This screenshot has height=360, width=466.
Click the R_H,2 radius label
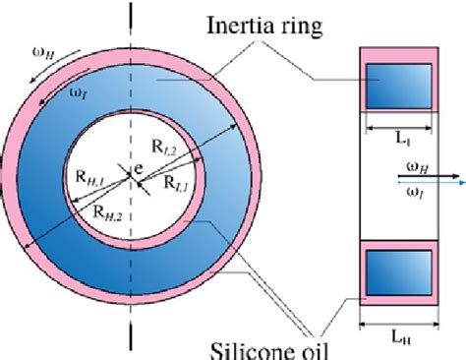(105, 210)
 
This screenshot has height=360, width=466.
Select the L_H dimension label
(397, 337)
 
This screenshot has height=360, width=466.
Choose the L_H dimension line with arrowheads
(397, 322)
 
